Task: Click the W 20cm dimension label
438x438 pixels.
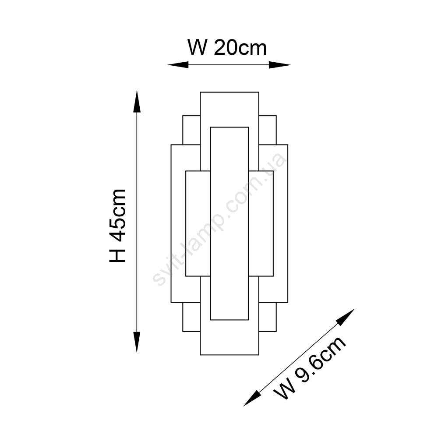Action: coord(227,48)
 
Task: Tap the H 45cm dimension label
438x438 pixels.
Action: coord(117,226)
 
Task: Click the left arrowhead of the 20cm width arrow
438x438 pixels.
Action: coord(178,65)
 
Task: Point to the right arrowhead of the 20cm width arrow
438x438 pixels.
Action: coord(279,65)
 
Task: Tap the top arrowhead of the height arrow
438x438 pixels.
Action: coord(137,102)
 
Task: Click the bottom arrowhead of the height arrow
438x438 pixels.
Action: coord(137,342)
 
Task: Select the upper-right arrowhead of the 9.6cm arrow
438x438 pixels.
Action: coord(346,317)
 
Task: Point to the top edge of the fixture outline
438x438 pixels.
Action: coord(230,92)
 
